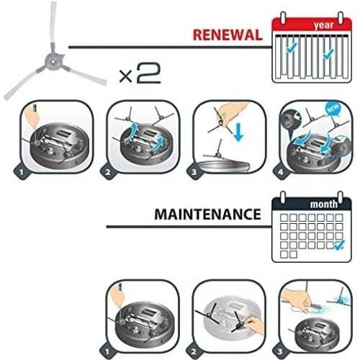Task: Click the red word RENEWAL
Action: pyautogui.click(x=228, y=35)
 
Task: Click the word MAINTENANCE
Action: pyautogui.click(x=208, y=214)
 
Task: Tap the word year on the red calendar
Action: pyautogui.click(x=324, y=25)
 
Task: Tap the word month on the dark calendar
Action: pyautogui.click(x=324, y=204)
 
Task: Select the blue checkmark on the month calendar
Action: pyautogui.click(x=340, y=245)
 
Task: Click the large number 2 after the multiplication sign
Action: pyautogui.click(x=149, y=73)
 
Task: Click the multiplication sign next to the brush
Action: pyautogui.click(x=126, y=76)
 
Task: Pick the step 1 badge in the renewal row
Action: pyautogui.click(x=22, y=172)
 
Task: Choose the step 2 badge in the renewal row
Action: pyautogui.click(x=108, y=172)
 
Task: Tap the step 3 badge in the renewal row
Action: pyautogui.click(x=194, y=172)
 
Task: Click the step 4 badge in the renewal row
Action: pyautogui.click(x=280, y=172)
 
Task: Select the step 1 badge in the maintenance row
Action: pyautogui.click(x=107, y=351)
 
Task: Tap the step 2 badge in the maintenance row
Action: pyautogui.click(x=194, y=351)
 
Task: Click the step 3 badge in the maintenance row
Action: pyautogui.click(x=280, y=351)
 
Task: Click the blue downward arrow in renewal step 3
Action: pyautogui.click(x=238, y=132)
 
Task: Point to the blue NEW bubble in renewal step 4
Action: pyautogui.click(x=333, y=109)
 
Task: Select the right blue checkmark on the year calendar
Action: pyautogui.click(x=328, y=53)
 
